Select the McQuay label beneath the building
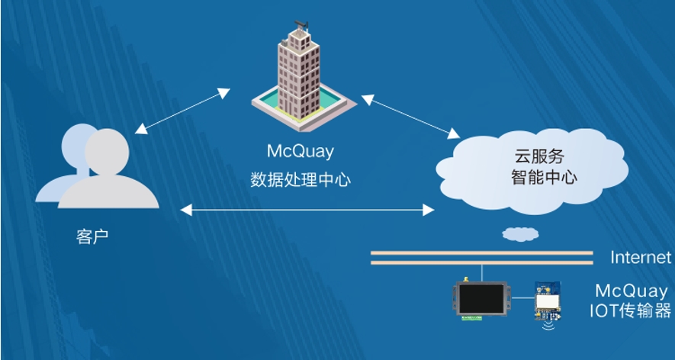pos(300,151)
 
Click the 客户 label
pos(92,236)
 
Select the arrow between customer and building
pos(182,111)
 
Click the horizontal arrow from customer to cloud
pos(306,207)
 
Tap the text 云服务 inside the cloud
pos(539,156)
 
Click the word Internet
pos(641,257)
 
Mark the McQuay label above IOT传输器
pos(633,291)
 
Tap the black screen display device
pos(481,298)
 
